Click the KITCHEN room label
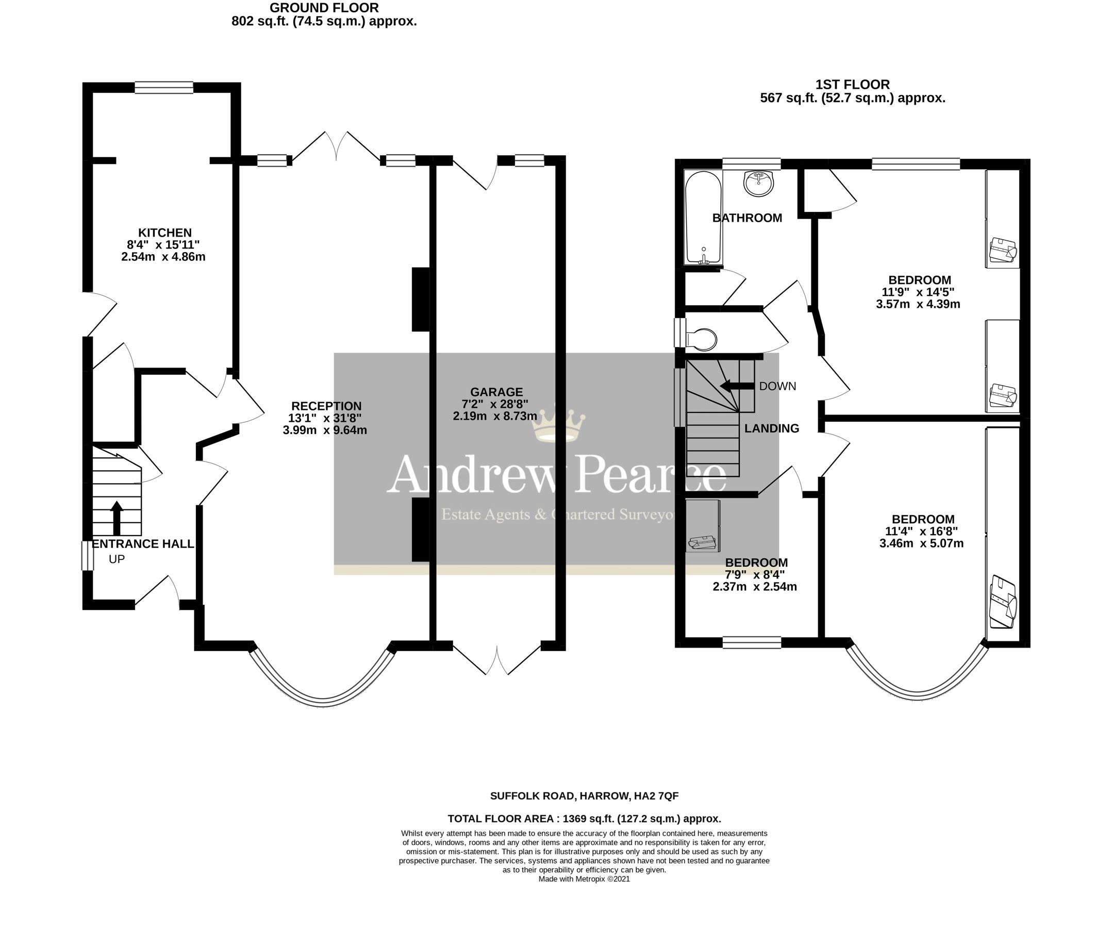click(x=165, y=233)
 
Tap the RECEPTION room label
click(x=326, y=406)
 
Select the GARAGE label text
click(x=496, y=392)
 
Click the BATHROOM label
click(x=747, y=218)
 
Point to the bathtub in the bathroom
click(x=703, y=217)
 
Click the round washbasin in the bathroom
click(x=759, y=184)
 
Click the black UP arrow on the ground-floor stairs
click(x=117, y=518)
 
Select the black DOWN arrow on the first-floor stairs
click(x=737, y=386)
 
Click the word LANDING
click(x=771, y=428)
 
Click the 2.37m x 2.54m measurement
click(x=755, y=587)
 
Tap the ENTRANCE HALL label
click(x=143, y=544)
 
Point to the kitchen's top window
click(x=164, y=88)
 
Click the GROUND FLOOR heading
click(x=324, y=8)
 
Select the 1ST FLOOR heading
click(x=852, y=84)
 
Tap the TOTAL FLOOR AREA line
click(x=584, y=818)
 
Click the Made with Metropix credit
click(x=584, y=879)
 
